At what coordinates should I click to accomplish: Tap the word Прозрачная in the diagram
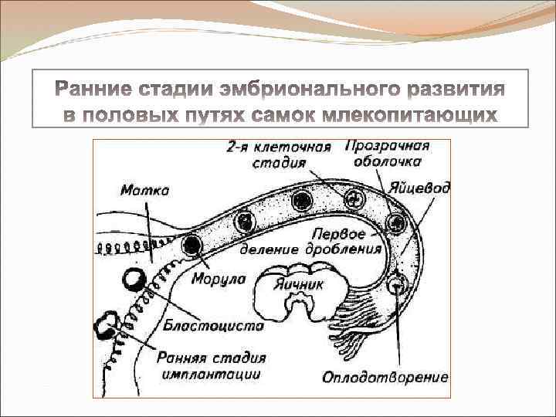386,146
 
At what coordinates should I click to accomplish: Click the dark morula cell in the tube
191,246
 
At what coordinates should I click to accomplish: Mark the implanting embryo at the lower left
104,329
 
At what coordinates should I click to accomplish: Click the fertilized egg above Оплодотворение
398,285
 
